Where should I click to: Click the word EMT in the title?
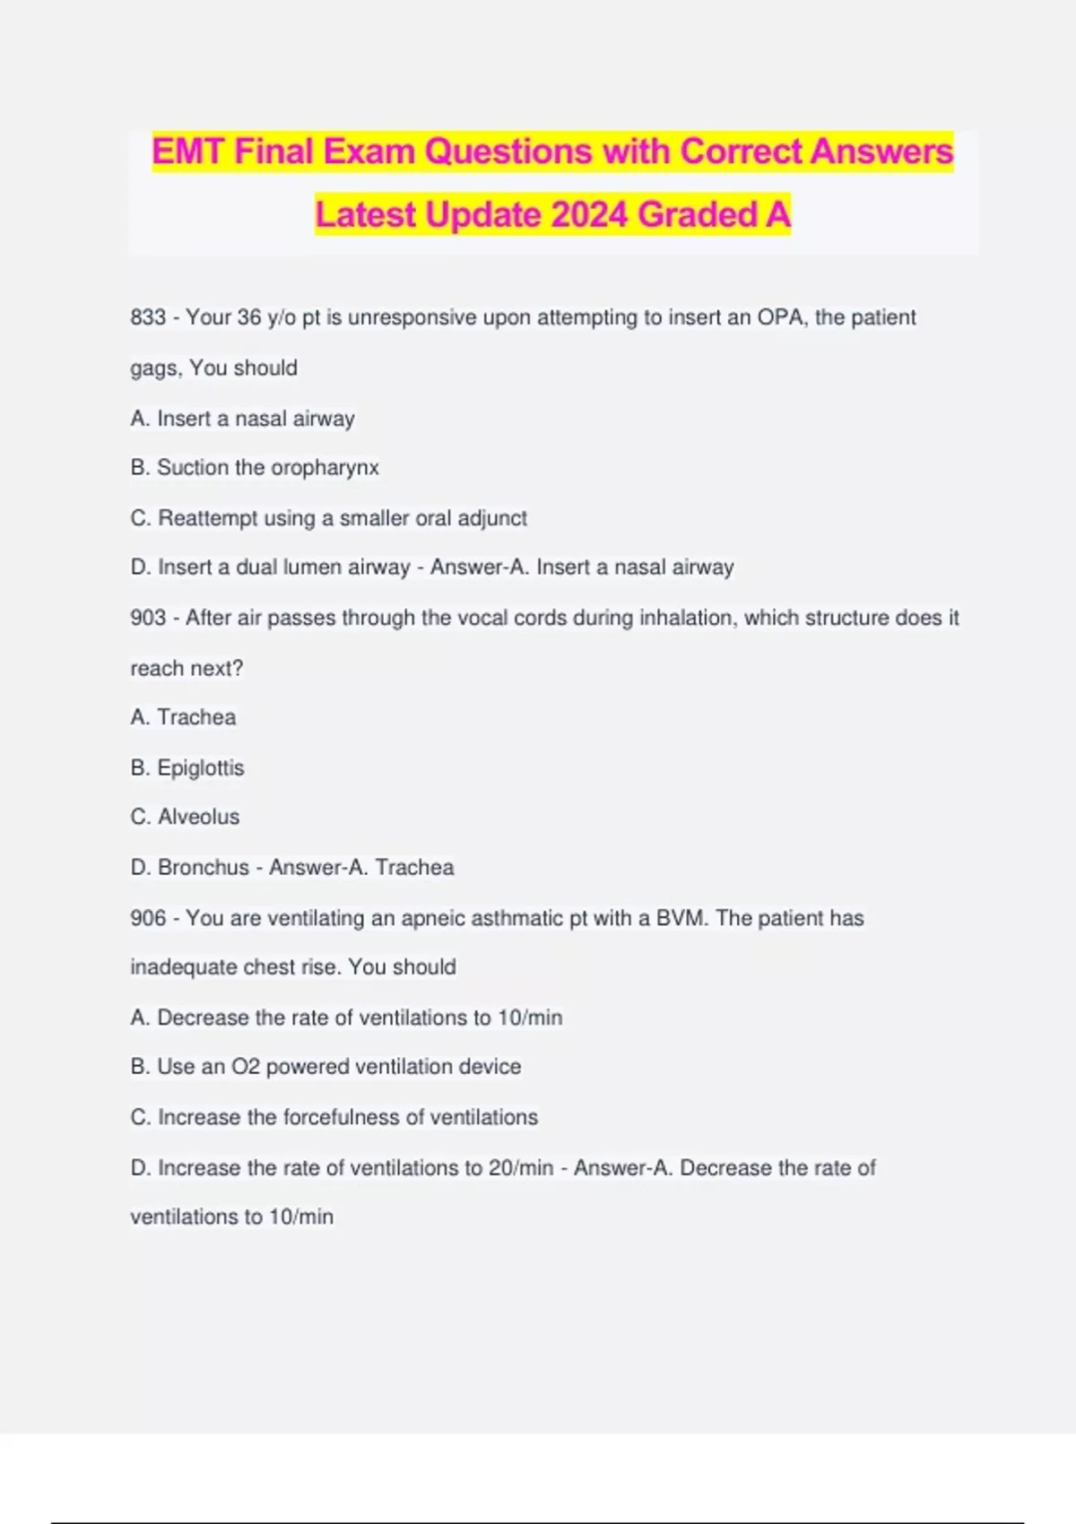coord(188,152)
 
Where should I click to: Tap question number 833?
coord(148,317)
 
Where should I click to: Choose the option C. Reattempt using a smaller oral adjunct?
coord(328,518)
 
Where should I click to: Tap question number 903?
coord(148,618)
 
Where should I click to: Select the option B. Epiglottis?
coord(187,767)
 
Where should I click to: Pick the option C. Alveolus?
coord(186,817)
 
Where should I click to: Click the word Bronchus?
coord(203,867)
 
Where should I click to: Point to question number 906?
coord(148,918)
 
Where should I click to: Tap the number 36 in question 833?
coord(249,317)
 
